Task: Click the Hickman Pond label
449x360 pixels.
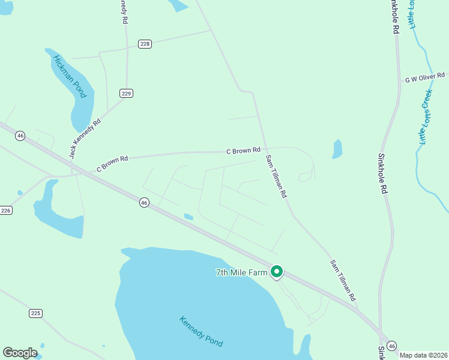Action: coord(71,77)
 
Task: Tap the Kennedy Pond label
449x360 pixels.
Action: coord(201,331)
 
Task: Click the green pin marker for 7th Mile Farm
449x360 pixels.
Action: coord(277,272)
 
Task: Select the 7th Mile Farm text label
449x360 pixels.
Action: coord(241,272)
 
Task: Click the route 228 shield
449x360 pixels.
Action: coord(145,43)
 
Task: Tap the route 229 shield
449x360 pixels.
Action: coord(126,93)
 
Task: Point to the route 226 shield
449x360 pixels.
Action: coord(5,210)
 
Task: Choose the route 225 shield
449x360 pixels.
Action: coord(35,313)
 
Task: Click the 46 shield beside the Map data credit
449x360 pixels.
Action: coord(391,346)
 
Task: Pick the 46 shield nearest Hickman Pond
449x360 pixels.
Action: coord(20,136)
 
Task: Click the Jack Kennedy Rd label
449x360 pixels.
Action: coord(85,139)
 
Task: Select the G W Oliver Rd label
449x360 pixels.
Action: coord(425,79)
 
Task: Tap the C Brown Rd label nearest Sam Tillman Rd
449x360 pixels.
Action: coord(243,149)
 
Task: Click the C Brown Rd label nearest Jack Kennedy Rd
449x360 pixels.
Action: coord(112,164)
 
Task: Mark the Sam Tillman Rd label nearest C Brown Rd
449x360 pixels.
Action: coord(276,177)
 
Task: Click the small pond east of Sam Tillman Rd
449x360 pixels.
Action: coord(337,149)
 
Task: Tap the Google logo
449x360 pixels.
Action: coord(20,353)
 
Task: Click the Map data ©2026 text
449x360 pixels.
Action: coord(423,355)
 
